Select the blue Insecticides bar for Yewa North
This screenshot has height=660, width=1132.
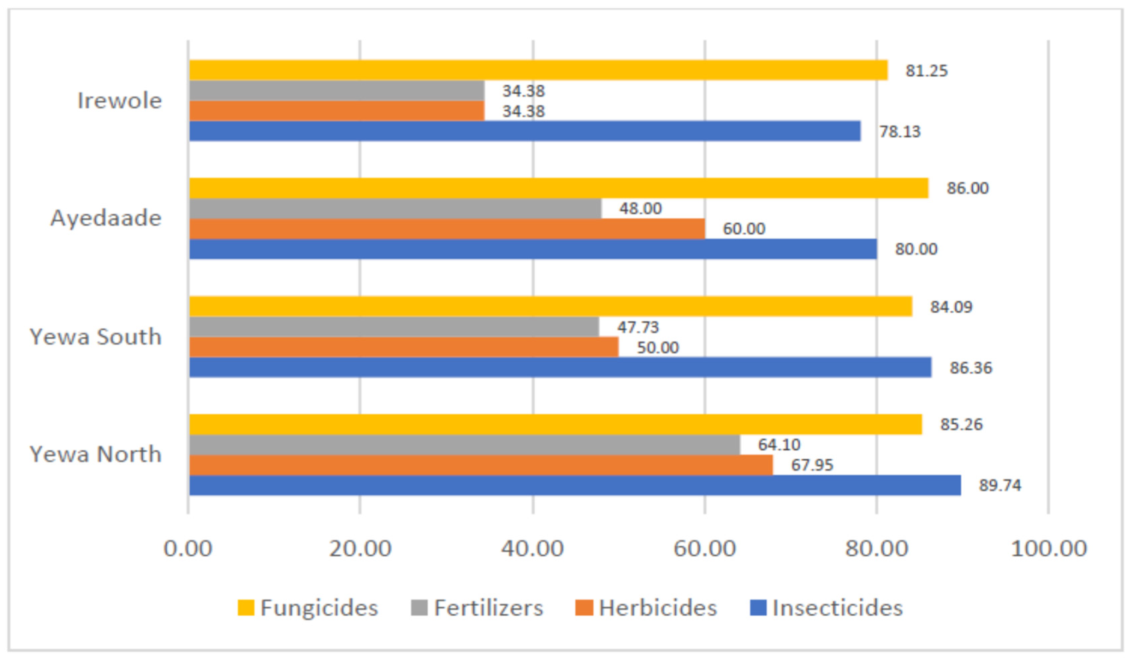click(575, 485)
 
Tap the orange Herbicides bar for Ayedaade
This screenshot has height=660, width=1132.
click(447, 228)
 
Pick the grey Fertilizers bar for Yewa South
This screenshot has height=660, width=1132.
click(394, 327)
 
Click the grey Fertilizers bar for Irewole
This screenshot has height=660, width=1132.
click(337, 90)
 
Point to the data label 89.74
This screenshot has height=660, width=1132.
click(1000, 485)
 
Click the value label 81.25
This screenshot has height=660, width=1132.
click(926, 71)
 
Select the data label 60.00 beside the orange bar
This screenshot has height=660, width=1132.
click(743, 229)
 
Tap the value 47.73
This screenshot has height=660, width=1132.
click(638, 327)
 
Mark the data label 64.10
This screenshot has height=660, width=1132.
click(779, 445)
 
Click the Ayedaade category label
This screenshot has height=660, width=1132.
click(106, 219)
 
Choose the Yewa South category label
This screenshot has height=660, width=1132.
click(96, 337)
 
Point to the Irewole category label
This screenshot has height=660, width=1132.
click(120, 100)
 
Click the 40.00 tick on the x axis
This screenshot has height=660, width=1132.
click(533, 549)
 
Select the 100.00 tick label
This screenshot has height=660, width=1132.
click(1048, 549)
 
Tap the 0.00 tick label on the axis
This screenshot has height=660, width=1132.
click(188, 549)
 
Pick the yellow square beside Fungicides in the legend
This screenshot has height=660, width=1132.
click(246, 608)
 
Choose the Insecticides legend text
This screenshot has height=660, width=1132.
click(837, 608)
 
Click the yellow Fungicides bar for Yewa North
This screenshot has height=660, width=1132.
click(555, 424)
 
